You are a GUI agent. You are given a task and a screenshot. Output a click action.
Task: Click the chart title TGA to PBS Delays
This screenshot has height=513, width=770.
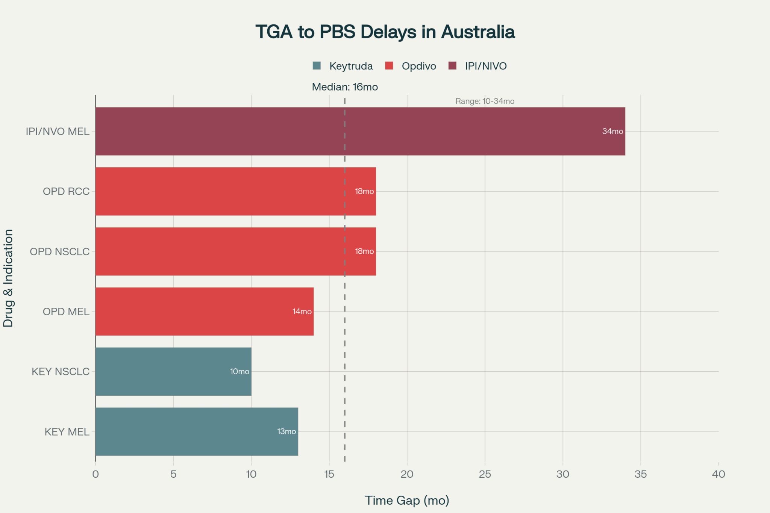[x=385, y=32]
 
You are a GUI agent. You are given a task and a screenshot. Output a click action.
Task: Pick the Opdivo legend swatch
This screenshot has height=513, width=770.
[x=389, y=66]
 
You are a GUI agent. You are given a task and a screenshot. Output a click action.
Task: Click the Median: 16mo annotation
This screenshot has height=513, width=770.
[x=345, y=87]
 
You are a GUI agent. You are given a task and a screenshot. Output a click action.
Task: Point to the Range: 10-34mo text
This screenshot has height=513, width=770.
[x=485, y=101]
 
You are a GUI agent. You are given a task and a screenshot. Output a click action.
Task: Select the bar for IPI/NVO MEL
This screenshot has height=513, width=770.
[x=360, y=131]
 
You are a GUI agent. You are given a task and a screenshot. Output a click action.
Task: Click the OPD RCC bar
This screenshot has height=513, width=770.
[x=236, y=191]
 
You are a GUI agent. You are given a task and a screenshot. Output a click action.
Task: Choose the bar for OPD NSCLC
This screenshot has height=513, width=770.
[x=236, y=251]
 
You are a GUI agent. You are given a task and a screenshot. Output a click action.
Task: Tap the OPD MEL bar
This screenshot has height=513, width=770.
[x=205, y=312]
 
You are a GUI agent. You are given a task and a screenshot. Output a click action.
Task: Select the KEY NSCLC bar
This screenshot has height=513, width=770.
[x=173, y=371]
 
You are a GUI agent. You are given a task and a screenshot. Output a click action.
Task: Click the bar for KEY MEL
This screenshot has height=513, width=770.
[x=197, y=431]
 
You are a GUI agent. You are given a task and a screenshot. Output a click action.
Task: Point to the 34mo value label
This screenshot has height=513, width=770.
[x=612, y=132]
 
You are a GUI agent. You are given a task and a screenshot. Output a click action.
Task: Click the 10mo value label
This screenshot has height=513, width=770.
[x=239, y=372]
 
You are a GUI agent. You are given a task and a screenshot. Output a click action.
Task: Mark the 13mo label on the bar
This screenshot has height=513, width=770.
[x=286, y=432]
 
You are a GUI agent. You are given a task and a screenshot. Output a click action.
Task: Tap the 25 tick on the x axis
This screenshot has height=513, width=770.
[x=485, y=474]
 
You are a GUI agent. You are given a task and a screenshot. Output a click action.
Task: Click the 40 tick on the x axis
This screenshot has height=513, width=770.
[x=718, y=474]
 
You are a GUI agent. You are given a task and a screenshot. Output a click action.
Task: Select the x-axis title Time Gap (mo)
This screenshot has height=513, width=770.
[x=407, y=501]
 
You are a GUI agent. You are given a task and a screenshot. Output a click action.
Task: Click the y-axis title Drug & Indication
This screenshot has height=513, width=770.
[x=8, y=278]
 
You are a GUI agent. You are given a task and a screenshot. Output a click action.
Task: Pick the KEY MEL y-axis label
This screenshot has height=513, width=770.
[x=67, y=432]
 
